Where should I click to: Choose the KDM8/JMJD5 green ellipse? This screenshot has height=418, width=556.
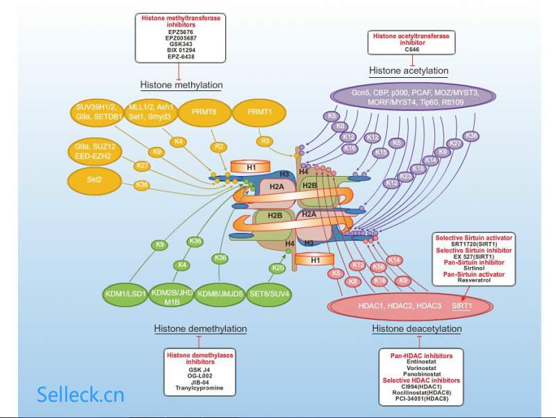pyautogui.click(x=220, y=293)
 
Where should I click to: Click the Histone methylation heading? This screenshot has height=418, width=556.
pyautogui.click(x=181, y=85)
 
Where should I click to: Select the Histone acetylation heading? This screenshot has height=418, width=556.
pyautogui.click(x=408, y=70)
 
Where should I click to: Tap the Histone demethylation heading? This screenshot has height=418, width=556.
pyautogui.click(x=200, y=328)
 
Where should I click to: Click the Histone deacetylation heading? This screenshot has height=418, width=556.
pyautogui.click(x=416, y=328)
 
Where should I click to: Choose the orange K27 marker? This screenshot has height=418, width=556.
pyautogui.click(x=142, y=166)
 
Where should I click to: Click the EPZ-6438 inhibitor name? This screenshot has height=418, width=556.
pyautogui.click(x=180, y=56)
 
